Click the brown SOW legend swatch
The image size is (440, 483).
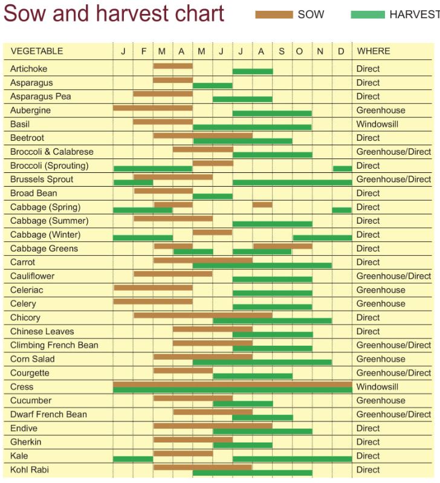274,15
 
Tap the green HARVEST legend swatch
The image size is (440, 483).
367,15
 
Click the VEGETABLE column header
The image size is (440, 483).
36,51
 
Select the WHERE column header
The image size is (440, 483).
373,51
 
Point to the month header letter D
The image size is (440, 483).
341,51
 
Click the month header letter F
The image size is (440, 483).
143,51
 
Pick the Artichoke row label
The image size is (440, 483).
28,69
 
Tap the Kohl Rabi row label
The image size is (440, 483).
30,470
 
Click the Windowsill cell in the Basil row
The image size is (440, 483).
377,124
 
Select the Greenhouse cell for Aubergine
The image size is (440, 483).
380,110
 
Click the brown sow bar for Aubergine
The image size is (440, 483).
152,108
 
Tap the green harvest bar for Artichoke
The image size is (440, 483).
253,71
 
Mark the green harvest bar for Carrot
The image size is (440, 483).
262,265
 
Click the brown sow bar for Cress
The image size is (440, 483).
232,384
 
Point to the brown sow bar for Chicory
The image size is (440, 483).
202,315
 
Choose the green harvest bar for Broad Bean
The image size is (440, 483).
212,196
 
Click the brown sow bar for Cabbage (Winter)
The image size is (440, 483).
212,232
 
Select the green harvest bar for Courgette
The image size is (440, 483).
253,376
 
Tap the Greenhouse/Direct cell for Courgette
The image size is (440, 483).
393,373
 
